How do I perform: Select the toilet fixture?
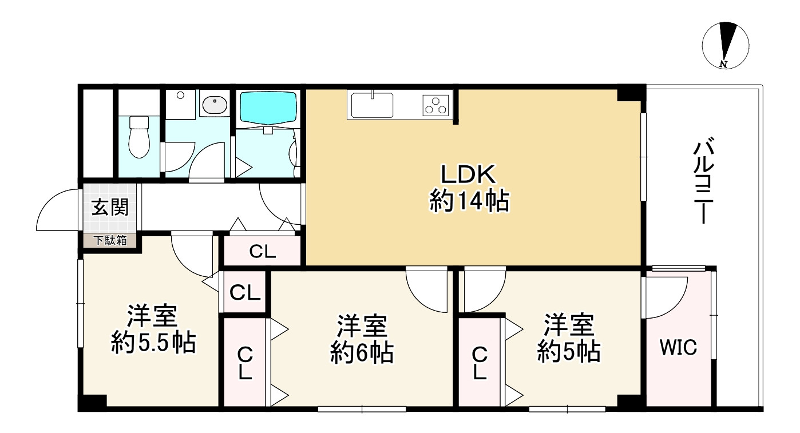click(x=139, y=137)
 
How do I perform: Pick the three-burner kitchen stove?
click(x=437, y=105)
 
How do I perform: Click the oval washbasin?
click(x=215, y=105)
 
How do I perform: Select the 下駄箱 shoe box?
click(x=110, y=241)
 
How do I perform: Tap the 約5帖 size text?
click(x=568, y=351)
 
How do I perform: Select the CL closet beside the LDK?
click(x=263, y=252)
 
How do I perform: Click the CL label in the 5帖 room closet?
click(x=480, y=364)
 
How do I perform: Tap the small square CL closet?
click(x=245, y=293)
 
